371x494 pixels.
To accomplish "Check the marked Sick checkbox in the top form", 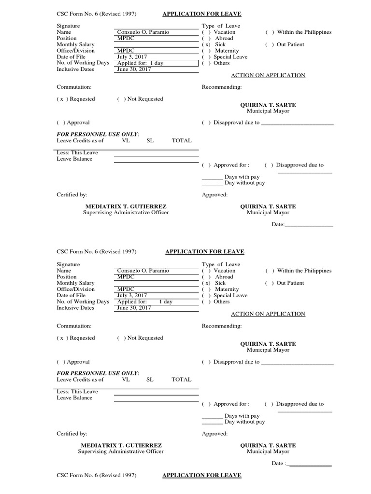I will click(206, 44).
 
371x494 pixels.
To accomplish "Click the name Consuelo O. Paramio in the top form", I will click(143, 32).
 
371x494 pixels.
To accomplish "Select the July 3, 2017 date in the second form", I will click(132, 295).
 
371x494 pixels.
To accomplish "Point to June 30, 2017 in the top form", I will click(134, 69).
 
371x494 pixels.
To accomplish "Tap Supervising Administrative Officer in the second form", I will click(121, 452).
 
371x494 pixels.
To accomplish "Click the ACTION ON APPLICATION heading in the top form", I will click(268, 75).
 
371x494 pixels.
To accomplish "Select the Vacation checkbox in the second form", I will click(205, 271).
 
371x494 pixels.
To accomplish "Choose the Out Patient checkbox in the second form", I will click(269, 283).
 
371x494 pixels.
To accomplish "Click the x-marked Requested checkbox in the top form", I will click(61, 99).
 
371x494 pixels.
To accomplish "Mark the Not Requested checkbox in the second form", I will click(121, 338).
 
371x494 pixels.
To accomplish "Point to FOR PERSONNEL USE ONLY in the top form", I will click(98, 134).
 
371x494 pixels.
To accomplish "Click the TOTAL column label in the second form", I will click(182, 380).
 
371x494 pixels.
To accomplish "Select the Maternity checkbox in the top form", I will click(205, 51).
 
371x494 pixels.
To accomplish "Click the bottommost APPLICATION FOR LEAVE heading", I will click(201, 476).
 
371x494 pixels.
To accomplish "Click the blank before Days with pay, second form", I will click(212, 416).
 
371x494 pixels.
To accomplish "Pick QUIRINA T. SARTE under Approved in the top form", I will click(268, 206).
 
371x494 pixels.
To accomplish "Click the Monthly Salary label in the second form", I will click(75, 283).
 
